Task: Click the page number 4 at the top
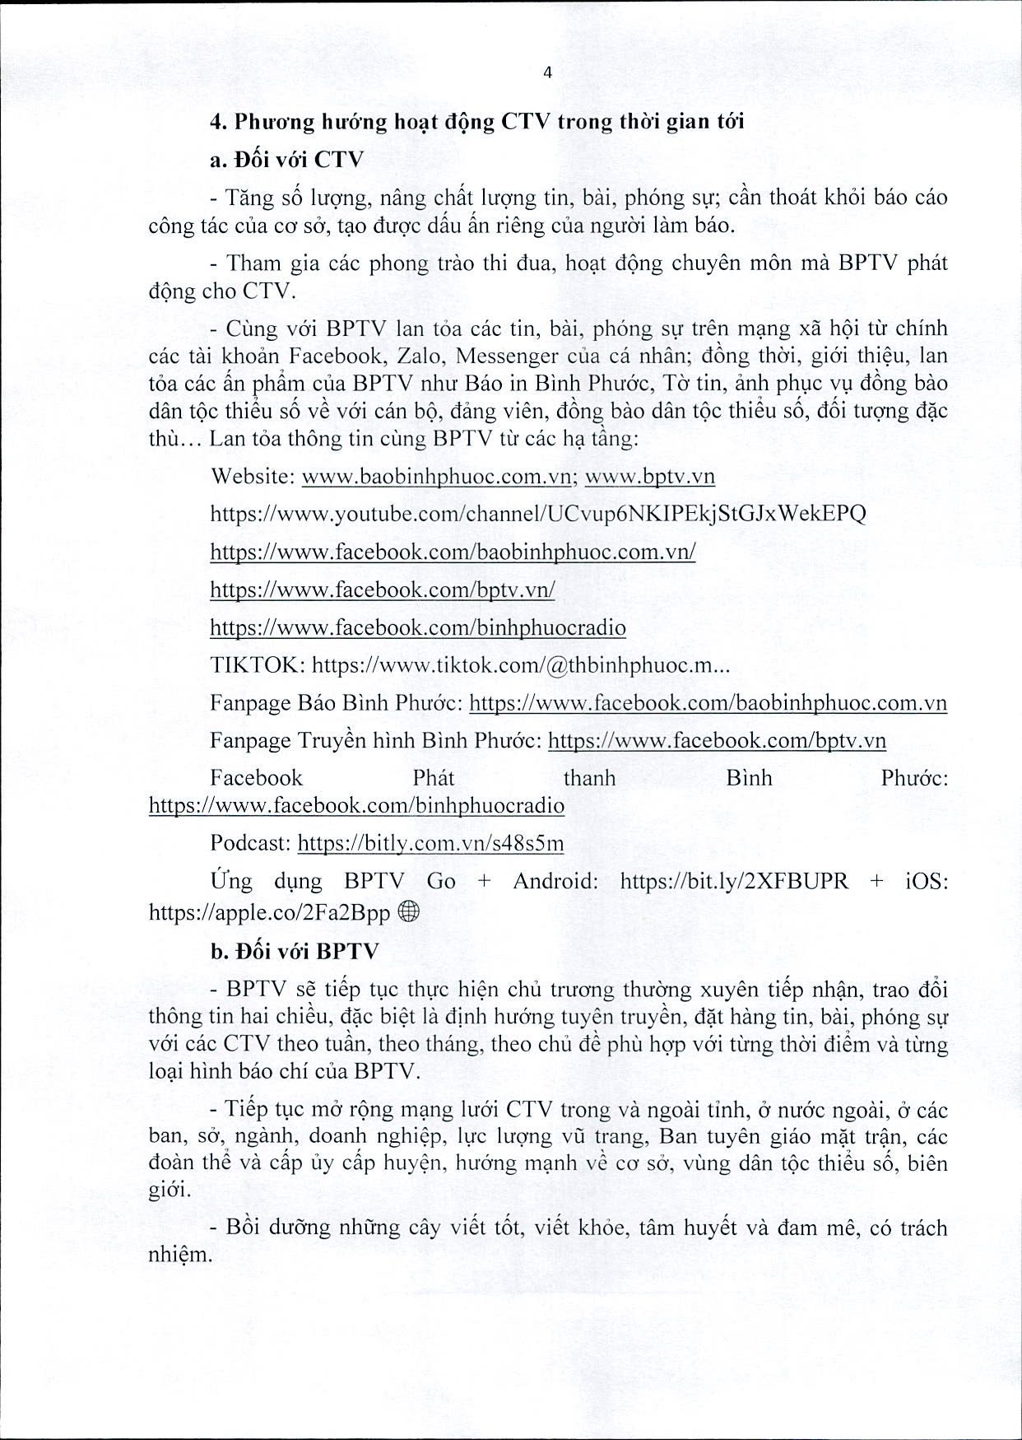[x=548, y=72]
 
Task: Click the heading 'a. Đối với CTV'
[x=286, y=160]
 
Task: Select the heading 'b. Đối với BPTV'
[x=295, y=951]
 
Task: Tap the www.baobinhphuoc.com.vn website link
[x=437, y=477]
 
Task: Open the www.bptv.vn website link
[x=649, y=477]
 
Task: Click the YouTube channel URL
[x=538, y=515]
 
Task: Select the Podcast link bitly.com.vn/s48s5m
[x=430, y=843]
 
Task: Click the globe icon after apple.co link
[x=408, y=911]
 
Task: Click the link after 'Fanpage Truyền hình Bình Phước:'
[x=717, y=741]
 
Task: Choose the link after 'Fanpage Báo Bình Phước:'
[x=708, y=704]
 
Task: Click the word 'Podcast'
[x=250, y=843]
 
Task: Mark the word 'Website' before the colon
[x=252, y=477]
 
